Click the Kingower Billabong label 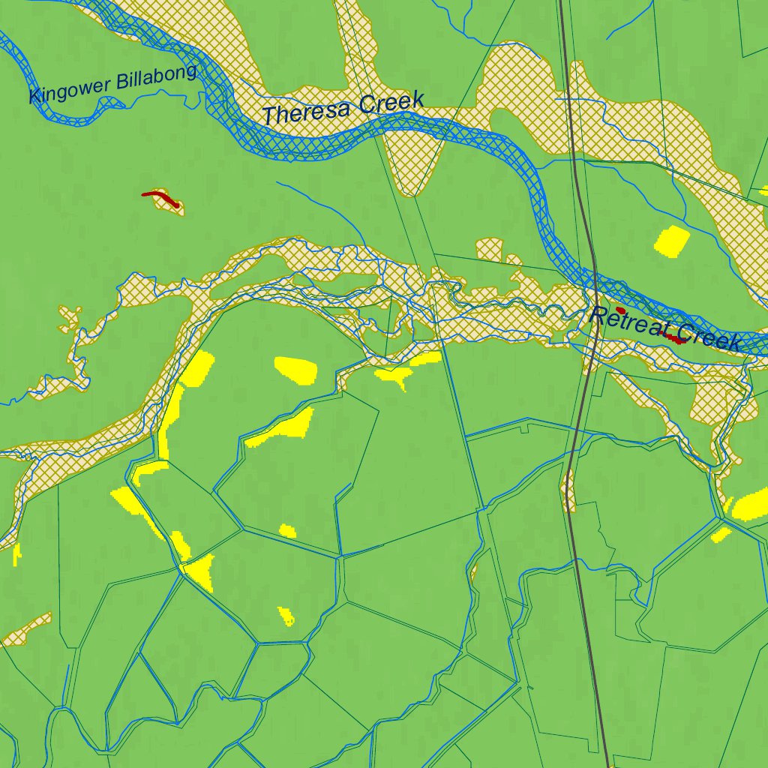tap(112, 84)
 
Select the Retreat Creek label tap(666, 328)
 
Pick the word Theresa tap(307, 113)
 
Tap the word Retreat tap(630, 321)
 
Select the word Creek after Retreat tap(709, 337)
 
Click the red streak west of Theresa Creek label tap(161, 198)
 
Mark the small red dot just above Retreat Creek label tap(620, 310)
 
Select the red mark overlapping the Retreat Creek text tap(675, 339)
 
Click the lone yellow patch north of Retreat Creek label tap(672, 241)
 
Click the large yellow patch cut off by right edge tap(752, 505)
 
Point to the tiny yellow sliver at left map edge tap(16, 554)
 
